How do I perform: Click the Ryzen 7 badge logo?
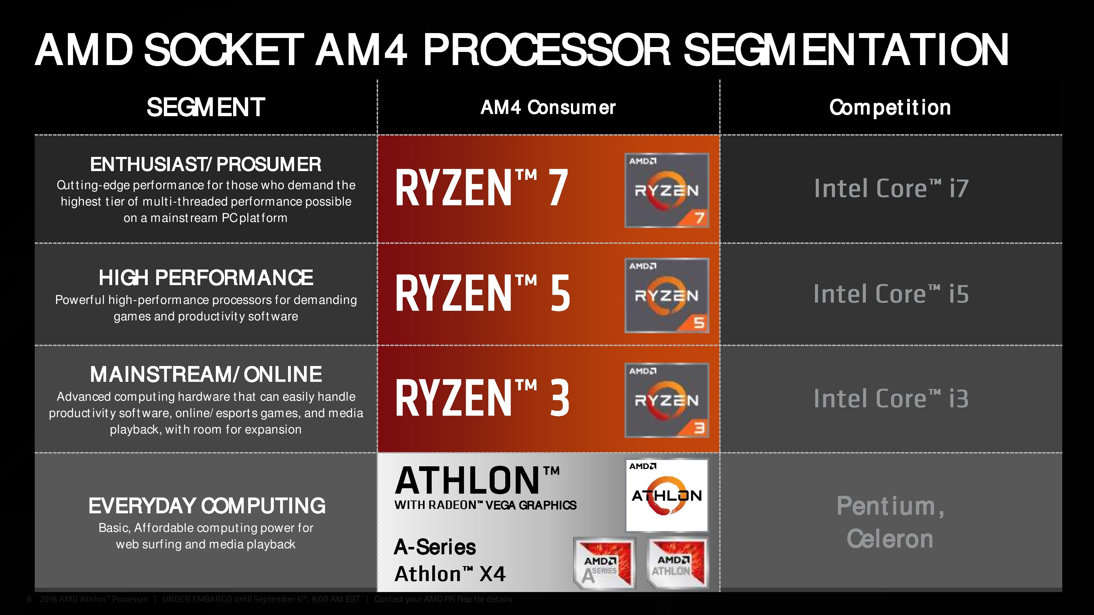click(x=666, y=190)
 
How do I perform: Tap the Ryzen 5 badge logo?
click(x=666, y=295)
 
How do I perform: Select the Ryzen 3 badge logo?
click(x=666, y=400)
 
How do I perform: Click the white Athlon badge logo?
click(x=667, y=495)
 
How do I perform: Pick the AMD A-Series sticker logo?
click(x=604, y=564)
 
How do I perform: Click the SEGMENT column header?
click(x=206, y=107)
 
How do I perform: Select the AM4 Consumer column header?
click(x=548, y=108)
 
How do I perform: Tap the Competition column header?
click(x=890, y=108)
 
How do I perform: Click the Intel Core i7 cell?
click(x=891, y=188)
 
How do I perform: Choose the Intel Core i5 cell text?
click(x=891, y=294)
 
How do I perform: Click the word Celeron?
click(x=890, y=539)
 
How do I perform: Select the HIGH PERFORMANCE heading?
click(x=206, y=278)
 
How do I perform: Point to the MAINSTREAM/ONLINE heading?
click(x=206, y=374)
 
